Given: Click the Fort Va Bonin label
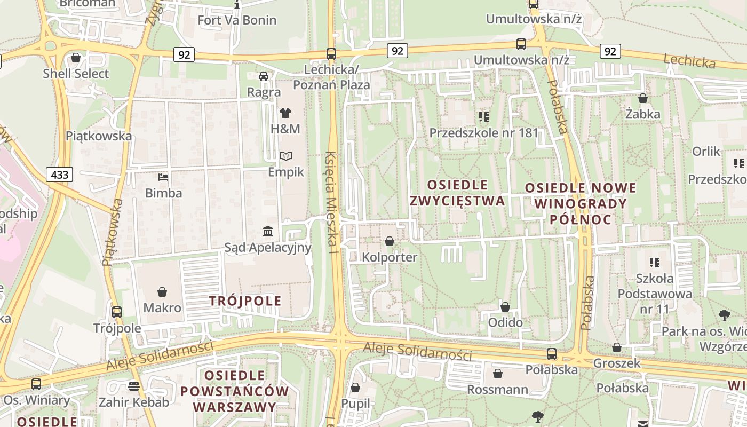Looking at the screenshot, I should [x=237, y=20].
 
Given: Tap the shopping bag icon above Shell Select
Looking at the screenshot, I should [x=76, y=58].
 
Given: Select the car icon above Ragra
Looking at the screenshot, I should [x=264, y=76].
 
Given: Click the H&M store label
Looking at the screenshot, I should [x=285, y=129].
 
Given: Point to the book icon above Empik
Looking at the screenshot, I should [x=286, y=156].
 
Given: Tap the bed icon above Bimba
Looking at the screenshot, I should [x=163, y=177].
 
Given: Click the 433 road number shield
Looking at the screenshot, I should [x=60, y=175].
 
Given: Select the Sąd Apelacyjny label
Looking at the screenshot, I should [x=267, y=247].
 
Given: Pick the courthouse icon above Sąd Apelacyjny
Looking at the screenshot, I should [x=268, y=232].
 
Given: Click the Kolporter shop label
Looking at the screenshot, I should [x=390, y=257].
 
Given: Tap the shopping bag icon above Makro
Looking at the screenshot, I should [x=162, y=292].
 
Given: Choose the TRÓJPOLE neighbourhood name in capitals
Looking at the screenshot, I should [x=245, y=301].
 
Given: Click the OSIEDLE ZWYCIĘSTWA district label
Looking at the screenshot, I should [x=457, y=193].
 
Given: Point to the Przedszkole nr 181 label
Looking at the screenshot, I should [x=484, y=133].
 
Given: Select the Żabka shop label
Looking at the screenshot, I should [x=643, y=114].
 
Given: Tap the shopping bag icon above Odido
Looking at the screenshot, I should [x=505, y=307].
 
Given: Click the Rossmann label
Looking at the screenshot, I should [x=497, y=390].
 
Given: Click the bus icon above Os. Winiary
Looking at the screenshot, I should [x=36, y=384].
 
